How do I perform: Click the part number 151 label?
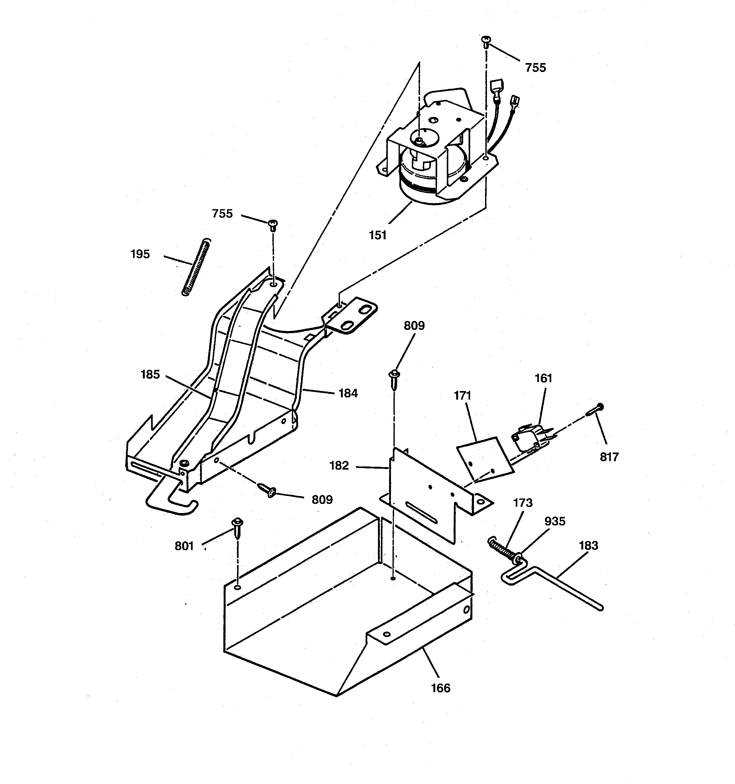(x=377, y=235)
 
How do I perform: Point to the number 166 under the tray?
(x=440, y=688)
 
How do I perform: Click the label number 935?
(x=554, y=521)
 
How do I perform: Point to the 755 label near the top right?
(x=535, y=68)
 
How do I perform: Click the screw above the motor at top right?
(x=486, y=41)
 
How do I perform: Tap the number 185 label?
(x=150, y=374)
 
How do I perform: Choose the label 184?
(x=348, y=393)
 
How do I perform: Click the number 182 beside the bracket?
(x=339, y=466)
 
